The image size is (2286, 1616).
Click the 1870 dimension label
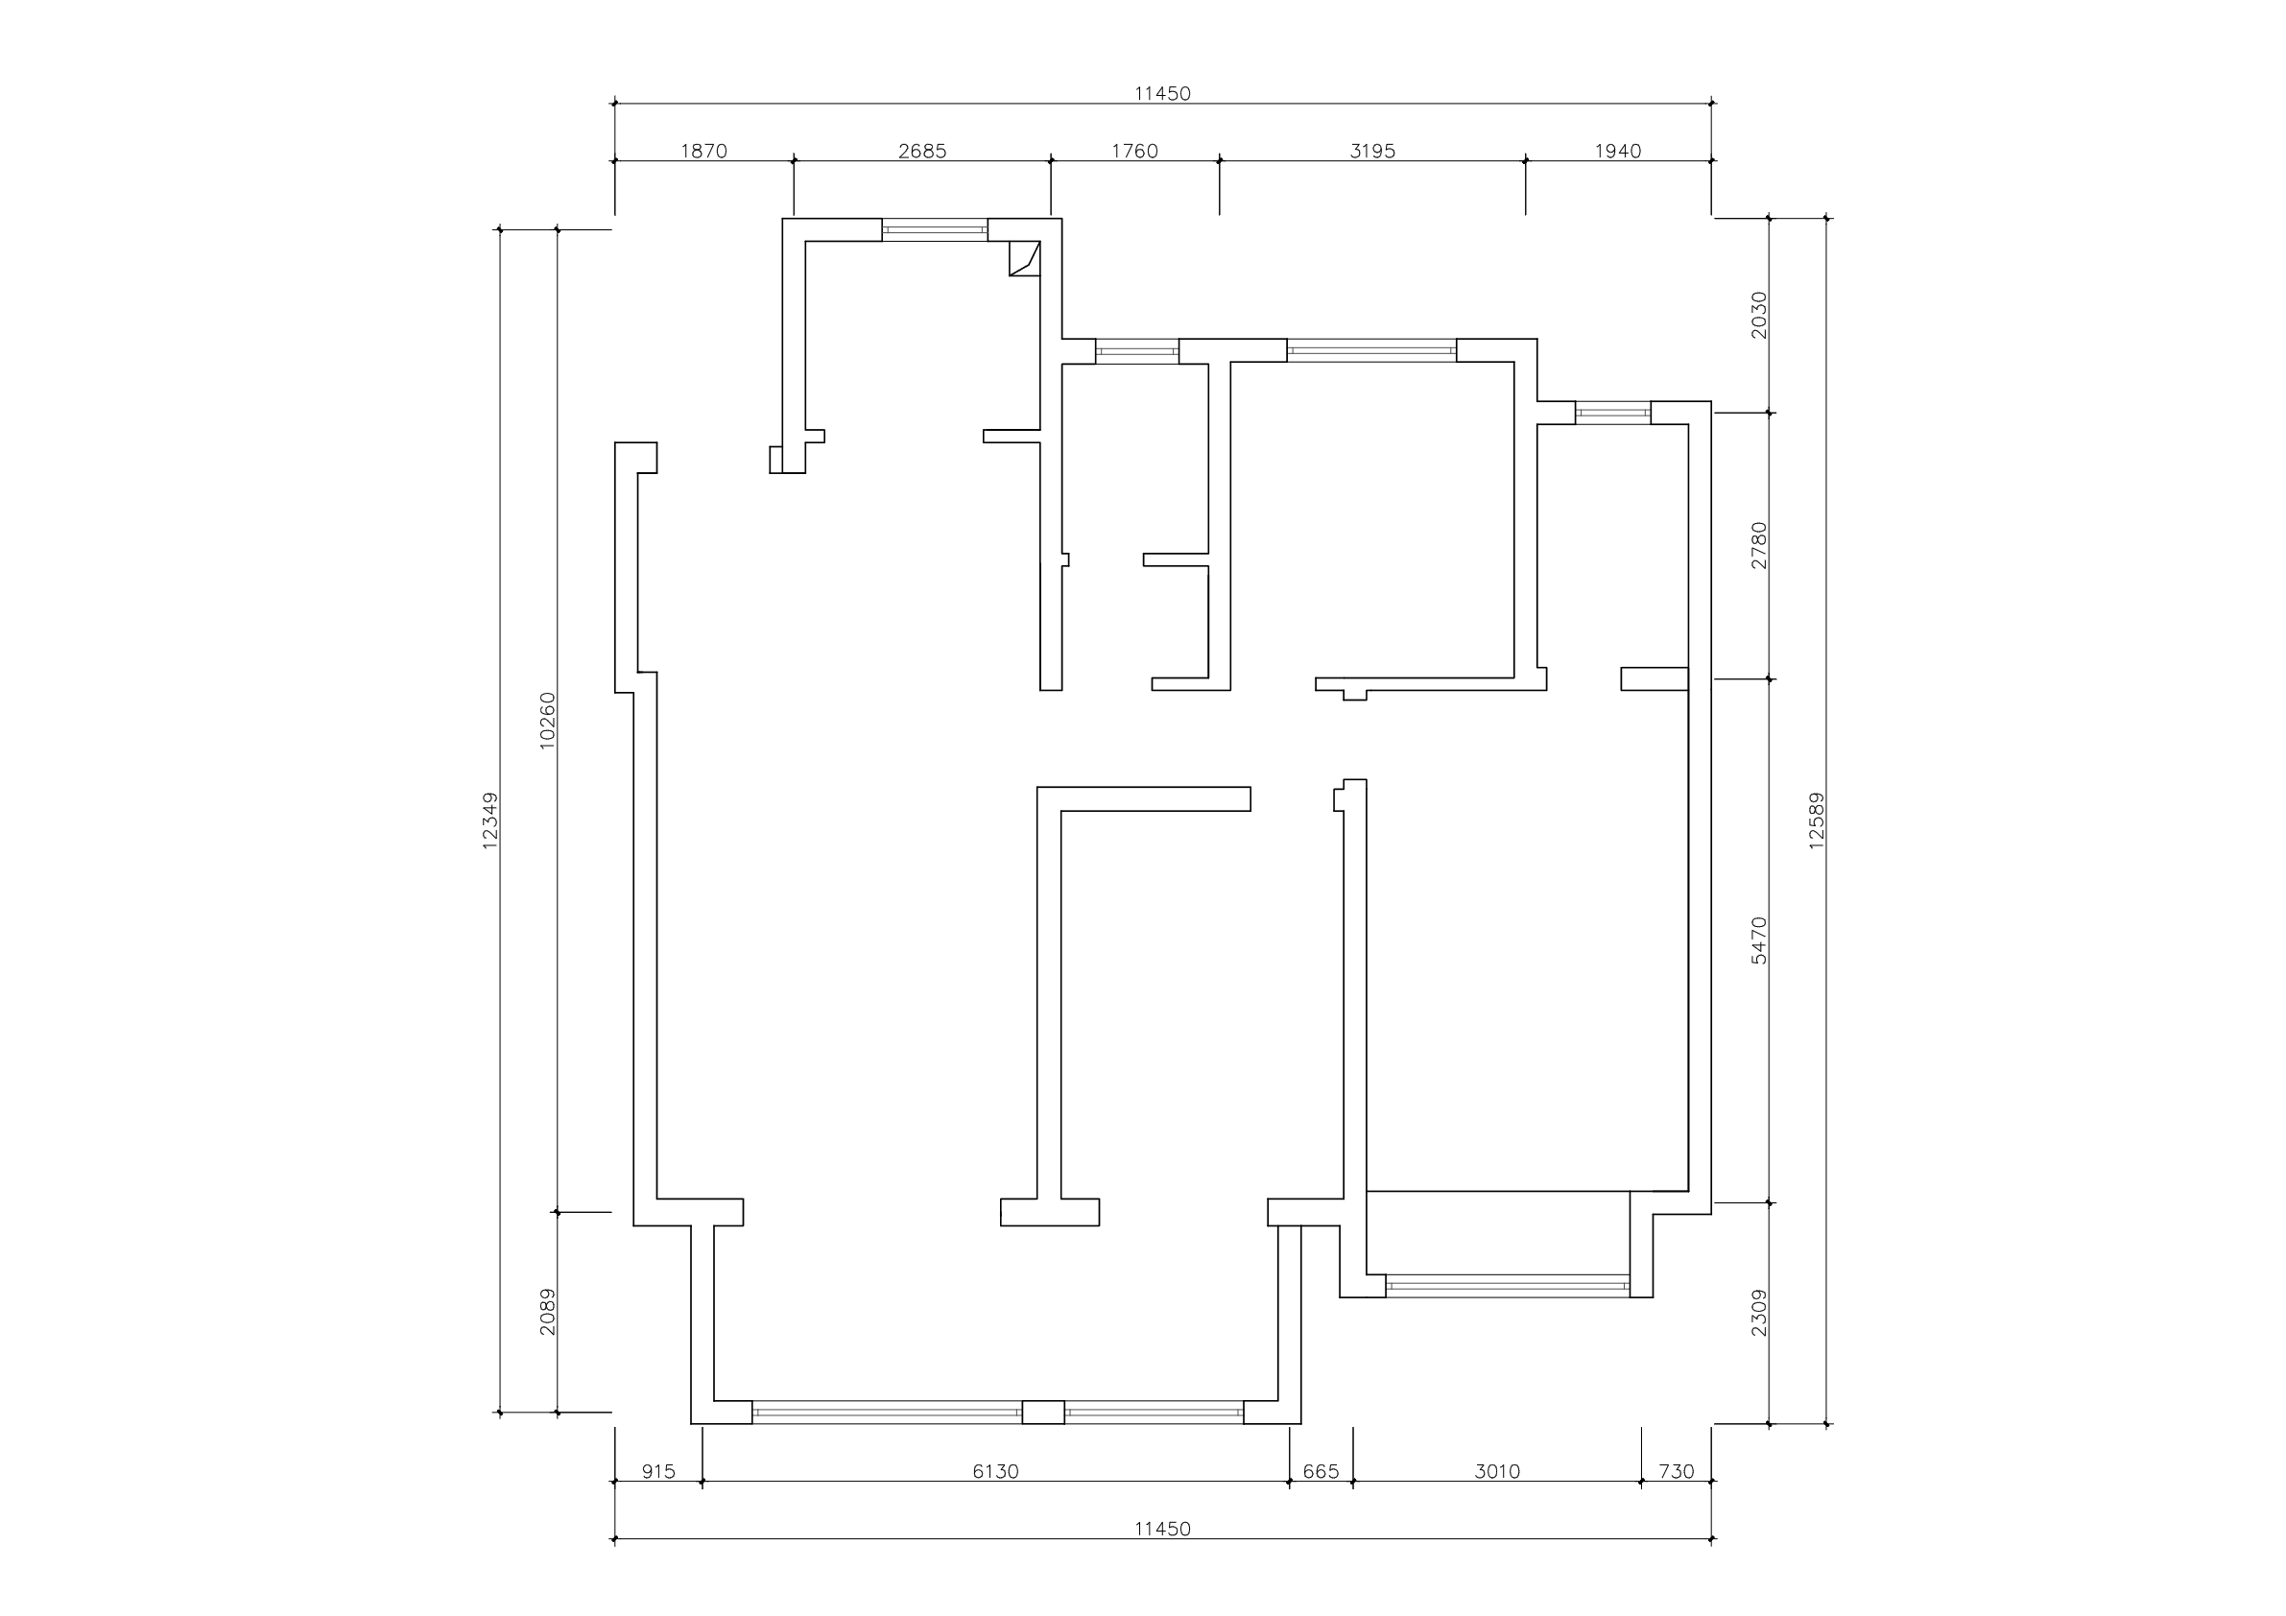(x=703, y=152)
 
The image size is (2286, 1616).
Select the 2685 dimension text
(x=922, y=152)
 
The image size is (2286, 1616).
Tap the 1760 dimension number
(x=1135, y=152)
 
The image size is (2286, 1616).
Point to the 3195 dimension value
(x=1372, y=152)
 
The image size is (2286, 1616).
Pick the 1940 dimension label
(x=1618, y=152)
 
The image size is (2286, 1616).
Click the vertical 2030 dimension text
(x=1759, y=315)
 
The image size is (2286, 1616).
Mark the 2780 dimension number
(x=1759, y=546)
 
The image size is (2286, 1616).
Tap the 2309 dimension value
(x=1759, y=1313)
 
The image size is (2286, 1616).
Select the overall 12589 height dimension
(x=1816, y=820)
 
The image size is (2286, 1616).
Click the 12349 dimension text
(x=489, y=820)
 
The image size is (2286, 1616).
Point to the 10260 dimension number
(x=547, y=721)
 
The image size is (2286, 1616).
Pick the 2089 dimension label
(x=547, y=1313)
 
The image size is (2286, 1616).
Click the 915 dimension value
(x=658, y=1472)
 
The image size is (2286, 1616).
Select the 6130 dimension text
(x=995, y=1472)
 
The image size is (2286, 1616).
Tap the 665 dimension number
(x=1322, y=1472)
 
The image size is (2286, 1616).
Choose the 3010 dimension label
(x=1497, y=1472)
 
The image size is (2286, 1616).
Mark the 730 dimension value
(x=1677, y=1472)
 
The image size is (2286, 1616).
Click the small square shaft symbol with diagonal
(x=1025, y=258)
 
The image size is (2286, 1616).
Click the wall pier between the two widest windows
(x=1043, y=1412)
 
